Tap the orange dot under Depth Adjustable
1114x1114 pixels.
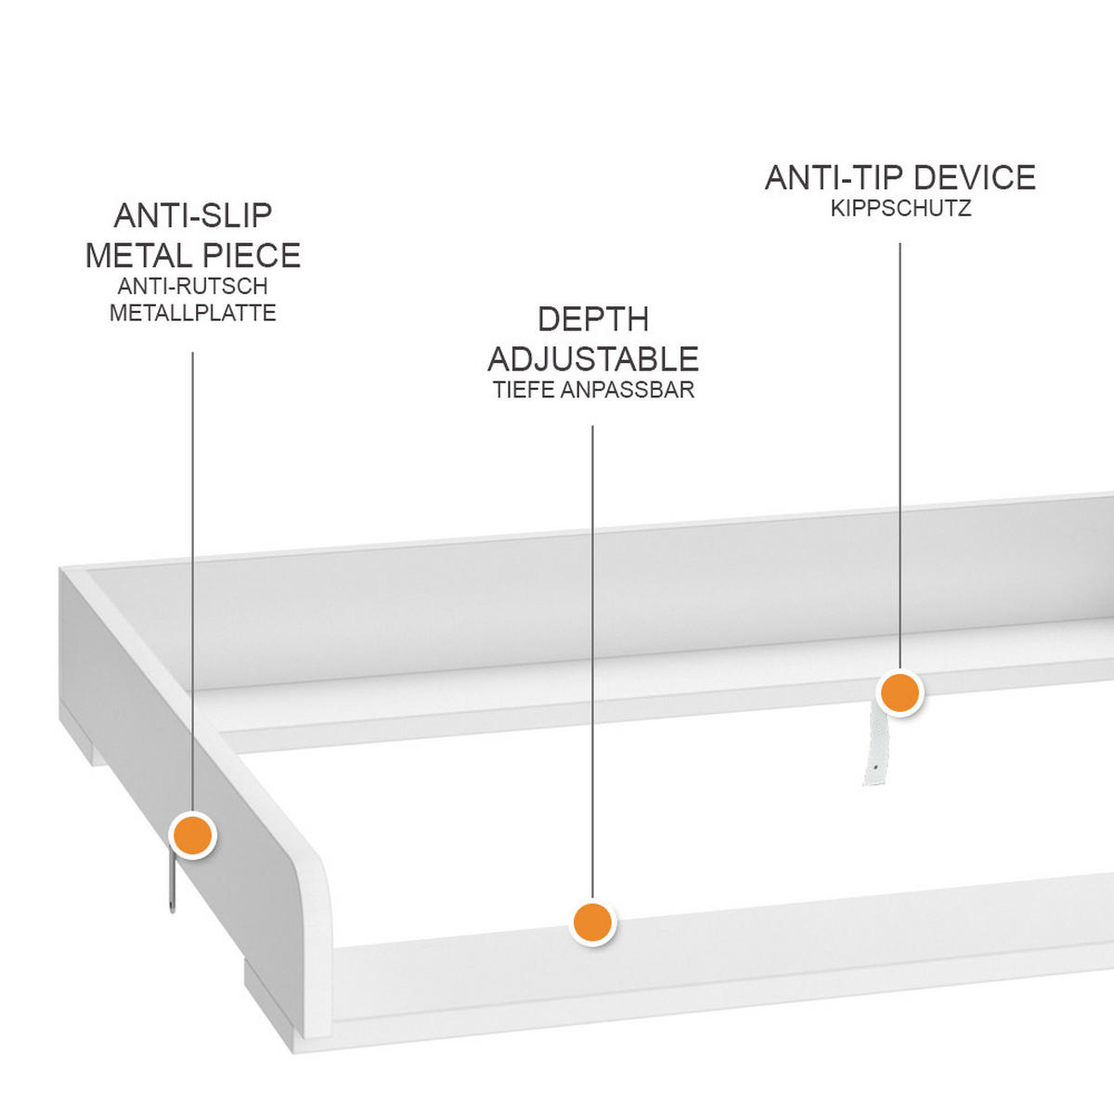592,922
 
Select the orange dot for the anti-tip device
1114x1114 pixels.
899,693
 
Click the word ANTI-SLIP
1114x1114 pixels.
193,215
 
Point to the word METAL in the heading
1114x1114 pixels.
136,255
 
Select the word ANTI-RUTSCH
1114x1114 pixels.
193,286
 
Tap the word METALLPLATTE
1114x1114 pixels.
193,313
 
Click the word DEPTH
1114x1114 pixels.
593,319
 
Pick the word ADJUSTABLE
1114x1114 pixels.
593,358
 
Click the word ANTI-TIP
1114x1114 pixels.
834,177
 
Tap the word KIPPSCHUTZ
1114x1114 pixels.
900,208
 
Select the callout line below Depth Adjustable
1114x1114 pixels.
592,650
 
